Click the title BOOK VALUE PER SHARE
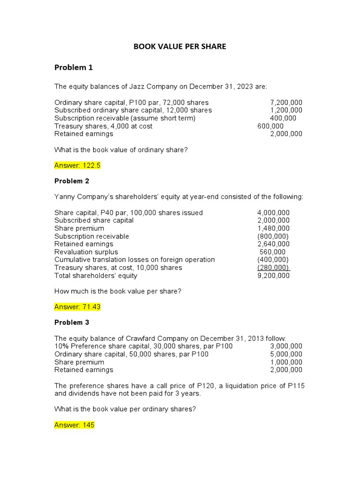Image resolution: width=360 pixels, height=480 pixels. pyautogui.click(x=180, y=46)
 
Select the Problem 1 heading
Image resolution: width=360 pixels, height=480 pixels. pyautogui.click(x=74, y=67)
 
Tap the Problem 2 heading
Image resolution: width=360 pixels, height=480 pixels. pyautogui.click(x=72, y=181)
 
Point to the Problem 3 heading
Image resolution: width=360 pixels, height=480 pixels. pyautogui.click(x=72, y=322)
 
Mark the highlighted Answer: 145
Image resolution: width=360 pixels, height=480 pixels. pyautogui.click(x=75, y=425)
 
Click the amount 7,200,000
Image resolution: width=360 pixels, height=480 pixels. pyautogui.click(x=286, y=102)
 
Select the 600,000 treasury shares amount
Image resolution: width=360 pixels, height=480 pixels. pyautogui.click(x=270, y=126)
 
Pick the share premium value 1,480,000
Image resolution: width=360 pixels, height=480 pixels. pyautogui.click(x=273, y=228)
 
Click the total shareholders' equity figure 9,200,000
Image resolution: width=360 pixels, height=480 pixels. pyautogui.click(x=273, y=276)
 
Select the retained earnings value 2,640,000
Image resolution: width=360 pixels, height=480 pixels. pyautogui.click(x=273, y=244)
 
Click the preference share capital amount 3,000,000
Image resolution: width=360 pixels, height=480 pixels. pyautogui.click(x=286, y=346)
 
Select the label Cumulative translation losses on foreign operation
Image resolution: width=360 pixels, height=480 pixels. pyautogui.click(x=135, y=260)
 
